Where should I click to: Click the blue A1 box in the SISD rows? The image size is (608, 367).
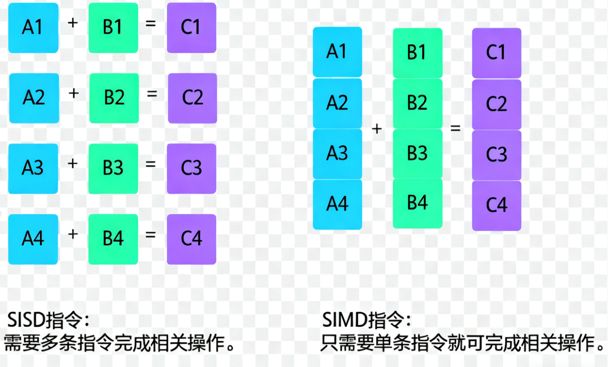(33, 28)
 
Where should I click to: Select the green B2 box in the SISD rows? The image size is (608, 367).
(114, 98)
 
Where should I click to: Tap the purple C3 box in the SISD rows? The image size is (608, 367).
(191, 168)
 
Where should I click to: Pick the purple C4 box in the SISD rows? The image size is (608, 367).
(191, 239)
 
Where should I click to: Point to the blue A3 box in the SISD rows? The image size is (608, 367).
(33, 168)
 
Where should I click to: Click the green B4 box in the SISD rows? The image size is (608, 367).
(113, 239)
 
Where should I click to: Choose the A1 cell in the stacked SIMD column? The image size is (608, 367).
(337, 52)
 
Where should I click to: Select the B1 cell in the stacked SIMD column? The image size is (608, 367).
(417, 53)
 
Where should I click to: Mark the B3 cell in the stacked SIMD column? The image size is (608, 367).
(417, 154)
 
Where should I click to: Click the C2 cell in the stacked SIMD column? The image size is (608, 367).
(496, 104)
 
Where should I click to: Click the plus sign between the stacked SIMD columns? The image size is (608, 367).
(377, 129)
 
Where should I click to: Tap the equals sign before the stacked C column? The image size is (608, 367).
(455, 128)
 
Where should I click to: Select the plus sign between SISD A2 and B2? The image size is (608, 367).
(74, 94)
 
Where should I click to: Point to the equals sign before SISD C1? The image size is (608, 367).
(150, 23)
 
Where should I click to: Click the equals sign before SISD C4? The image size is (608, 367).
(150, 235)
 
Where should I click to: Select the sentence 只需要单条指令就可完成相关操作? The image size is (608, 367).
(462, 344)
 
